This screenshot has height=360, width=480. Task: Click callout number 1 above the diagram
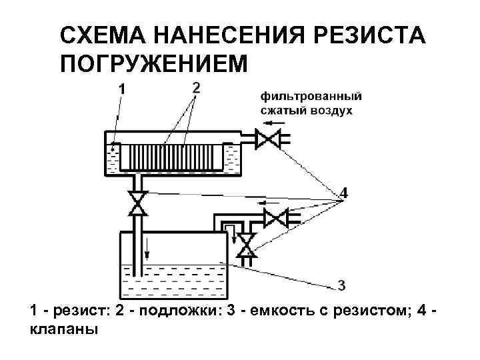tap(123, 89)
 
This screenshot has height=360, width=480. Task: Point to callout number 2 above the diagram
tap(195, 87)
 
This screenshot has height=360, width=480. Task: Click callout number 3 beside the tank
tap(341, 286)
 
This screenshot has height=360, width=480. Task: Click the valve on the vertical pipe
tap(138, 203)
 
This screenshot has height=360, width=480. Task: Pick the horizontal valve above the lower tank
tap(274, 217)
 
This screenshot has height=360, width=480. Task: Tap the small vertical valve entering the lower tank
tap(247, 245)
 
